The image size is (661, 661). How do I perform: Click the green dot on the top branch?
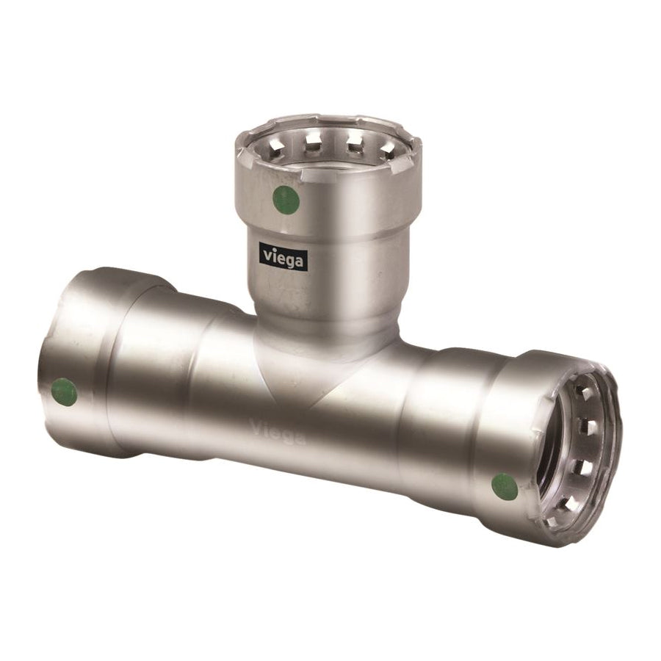point(286,200)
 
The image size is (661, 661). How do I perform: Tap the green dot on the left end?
point(64,391)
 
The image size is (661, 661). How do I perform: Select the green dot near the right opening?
point(505,486)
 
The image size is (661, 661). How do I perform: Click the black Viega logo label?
point(281,257)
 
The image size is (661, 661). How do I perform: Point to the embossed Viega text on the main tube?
point(278,430)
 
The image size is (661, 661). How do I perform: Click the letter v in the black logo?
point(267,255)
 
